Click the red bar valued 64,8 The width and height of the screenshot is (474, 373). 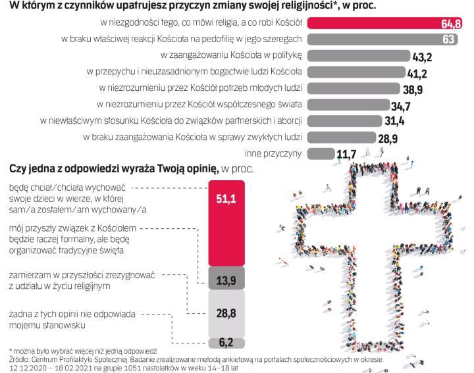[x=388, y=24]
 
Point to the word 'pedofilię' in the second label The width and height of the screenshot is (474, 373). [x=217, y=39]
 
